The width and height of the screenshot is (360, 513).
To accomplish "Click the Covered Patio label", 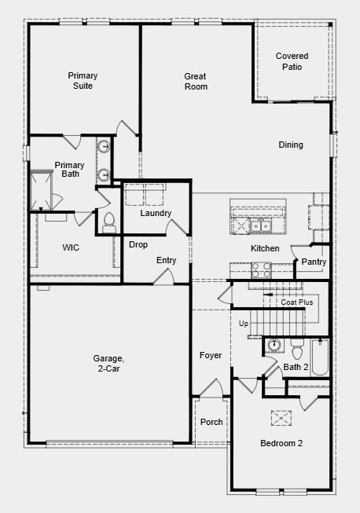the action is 292,61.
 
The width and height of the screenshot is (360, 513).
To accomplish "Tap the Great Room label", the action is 196,82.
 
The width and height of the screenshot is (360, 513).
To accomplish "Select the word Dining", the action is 291,145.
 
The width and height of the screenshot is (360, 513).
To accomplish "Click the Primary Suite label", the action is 83,80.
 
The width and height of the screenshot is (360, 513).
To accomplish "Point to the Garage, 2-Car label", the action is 108,364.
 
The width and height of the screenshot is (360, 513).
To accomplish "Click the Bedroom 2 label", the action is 281,443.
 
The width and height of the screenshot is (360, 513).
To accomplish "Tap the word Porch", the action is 211,422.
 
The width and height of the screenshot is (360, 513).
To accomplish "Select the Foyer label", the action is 211,355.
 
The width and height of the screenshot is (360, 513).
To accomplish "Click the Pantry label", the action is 314,262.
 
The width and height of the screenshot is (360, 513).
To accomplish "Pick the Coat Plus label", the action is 297,302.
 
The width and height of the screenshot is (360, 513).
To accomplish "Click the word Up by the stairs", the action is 244,324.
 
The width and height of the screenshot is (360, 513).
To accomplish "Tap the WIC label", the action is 71,247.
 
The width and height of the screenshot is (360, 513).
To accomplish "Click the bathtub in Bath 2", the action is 320,357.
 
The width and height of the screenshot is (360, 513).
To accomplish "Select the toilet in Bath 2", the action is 297,350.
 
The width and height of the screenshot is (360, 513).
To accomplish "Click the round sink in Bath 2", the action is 274,345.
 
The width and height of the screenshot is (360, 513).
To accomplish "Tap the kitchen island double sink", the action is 261,225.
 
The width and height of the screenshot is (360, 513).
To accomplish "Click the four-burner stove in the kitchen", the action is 261,270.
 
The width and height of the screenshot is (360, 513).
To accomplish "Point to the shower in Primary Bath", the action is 41,190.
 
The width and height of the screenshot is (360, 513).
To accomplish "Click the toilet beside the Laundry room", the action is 109,222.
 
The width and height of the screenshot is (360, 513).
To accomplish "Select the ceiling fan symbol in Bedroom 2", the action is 281,418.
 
